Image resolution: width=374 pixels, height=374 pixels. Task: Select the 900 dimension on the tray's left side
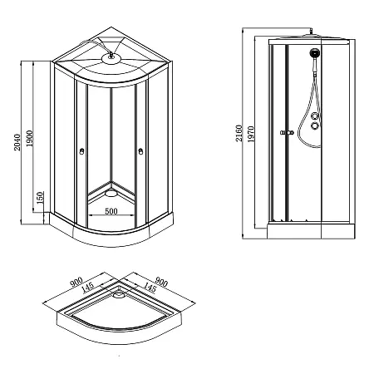pyautogui.click(x=76, y=283)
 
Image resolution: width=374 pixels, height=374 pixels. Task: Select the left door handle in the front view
pyautogui.click(x=81, y=151)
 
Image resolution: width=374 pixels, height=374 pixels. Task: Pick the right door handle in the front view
pyautogui.click(x=140, y=151)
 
